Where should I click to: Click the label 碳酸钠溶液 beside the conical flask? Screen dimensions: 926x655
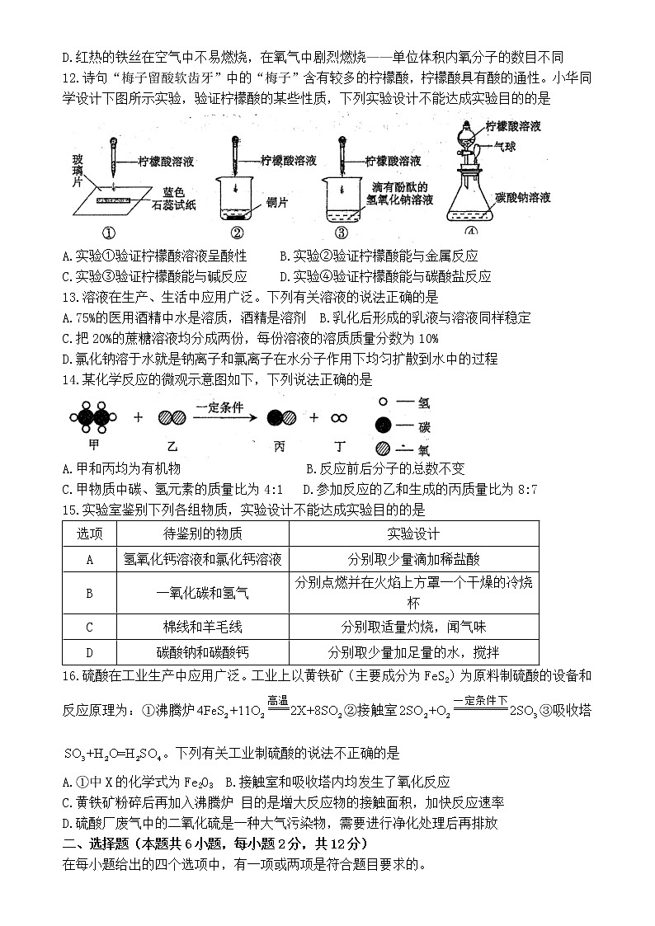pos(524,198)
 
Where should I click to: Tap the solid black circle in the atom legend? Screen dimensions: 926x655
pos(384,426)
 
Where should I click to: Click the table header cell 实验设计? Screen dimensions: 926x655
pos(413,534)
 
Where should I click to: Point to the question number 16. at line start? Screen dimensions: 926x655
pos(71,676)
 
